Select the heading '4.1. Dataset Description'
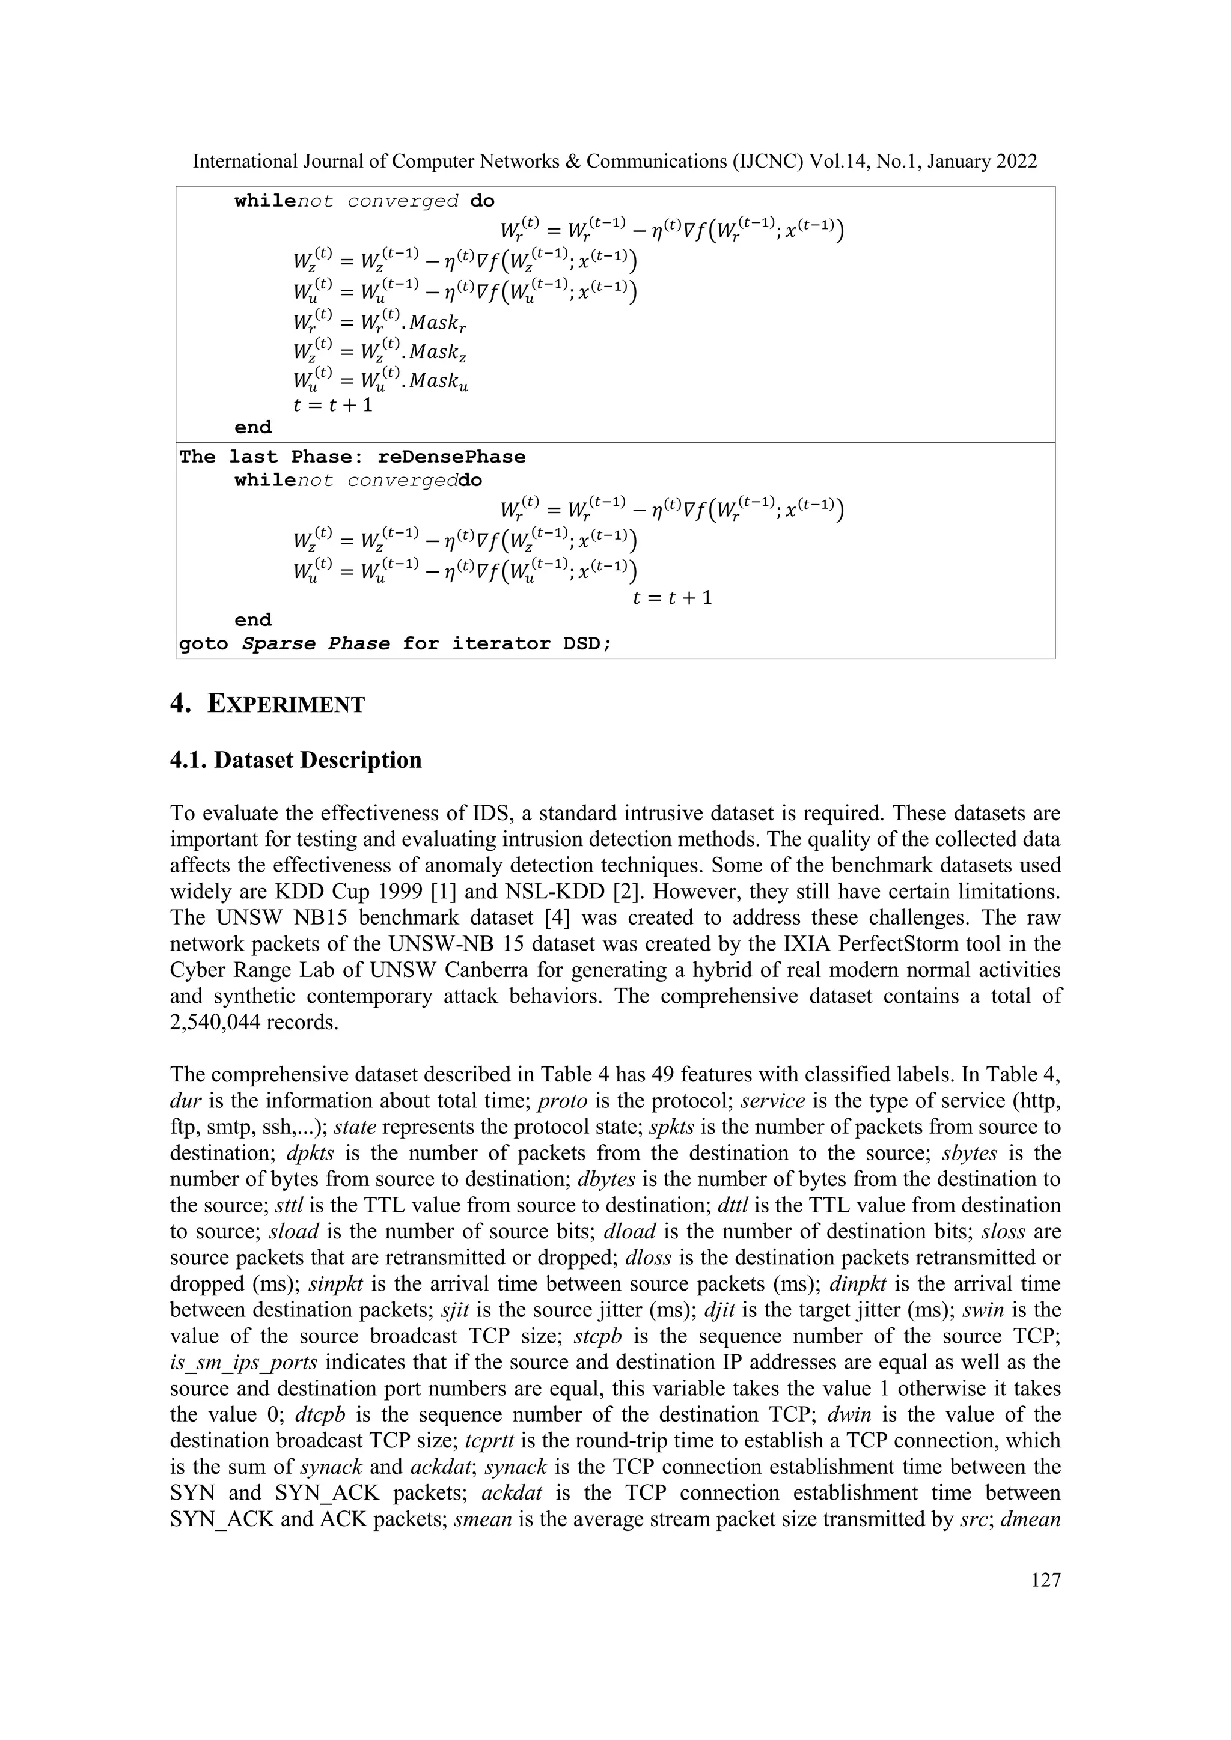296,760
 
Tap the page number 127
1046,1580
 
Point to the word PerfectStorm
891,945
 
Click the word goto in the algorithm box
203,644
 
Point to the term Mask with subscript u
439,383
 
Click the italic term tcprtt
485,1441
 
